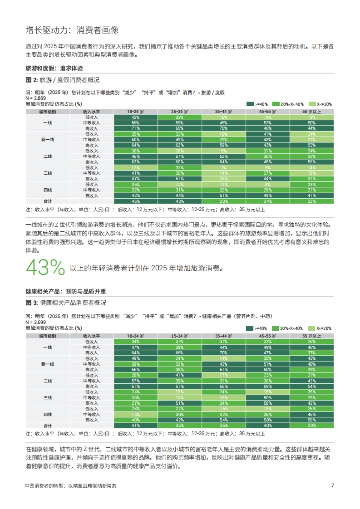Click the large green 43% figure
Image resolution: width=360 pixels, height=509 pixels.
pos(45,267)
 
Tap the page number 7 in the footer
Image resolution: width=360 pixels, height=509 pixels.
pos(332,485)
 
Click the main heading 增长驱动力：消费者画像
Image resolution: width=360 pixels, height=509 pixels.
pos(72,30)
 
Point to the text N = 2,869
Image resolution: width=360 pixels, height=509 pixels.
pos(36,98)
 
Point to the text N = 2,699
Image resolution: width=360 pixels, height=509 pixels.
pos(36,322)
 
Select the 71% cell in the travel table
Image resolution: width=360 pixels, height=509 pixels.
pos(136,128)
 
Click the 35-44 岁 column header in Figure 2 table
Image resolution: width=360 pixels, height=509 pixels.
pos(223,112)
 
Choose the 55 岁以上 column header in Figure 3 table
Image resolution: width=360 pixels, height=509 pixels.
pos(311,336)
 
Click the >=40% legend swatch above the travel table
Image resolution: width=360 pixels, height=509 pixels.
pos(250,104)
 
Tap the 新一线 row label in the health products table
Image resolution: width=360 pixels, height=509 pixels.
pos(48,364)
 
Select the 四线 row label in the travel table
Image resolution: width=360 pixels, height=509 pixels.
pos(48,190)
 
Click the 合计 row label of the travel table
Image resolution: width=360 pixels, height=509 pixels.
pos(48,201)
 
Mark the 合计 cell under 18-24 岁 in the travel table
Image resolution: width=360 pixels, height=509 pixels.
pos(136,201)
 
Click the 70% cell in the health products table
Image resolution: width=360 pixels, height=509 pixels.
pos(223,353)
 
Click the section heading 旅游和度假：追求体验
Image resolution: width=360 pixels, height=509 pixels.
pos(54,68)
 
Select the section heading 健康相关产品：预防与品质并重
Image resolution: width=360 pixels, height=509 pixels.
pos(66,291)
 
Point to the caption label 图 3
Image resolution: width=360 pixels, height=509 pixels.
pos(31,303)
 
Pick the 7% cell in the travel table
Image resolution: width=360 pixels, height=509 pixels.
pos(223,168)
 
